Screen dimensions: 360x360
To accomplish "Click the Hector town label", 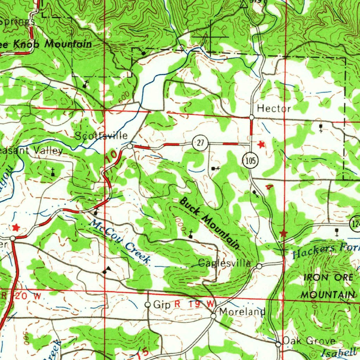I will pyautogui.click(x=274, y=109).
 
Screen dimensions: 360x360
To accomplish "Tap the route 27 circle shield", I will pyautogui.click(x=200, y=143).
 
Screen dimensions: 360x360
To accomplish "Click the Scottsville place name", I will pyautogui.click(x=101, y=136).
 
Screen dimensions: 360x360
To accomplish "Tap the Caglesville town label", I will pyautogui.click(x=225, y=263).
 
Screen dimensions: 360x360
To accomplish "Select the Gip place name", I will pyautogui.click(x=162, y=304).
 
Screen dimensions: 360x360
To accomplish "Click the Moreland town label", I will pyautogui.click(x=242, y=312).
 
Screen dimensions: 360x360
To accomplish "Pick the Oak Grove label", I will pyautogui.click(x=309, y=341).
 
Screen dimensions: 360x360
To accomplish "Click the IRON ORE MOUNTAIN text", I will pyautogui.click(x=328, y=286).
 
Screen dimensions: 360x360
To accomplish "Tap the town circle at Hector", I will pyautogui.click(x=251, y=117).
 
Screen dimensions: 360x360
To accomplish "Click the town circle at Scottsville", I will pyautogui.click(x=130, y=146).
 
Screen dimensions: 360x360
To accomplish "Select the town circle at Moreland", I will pyautogui.click(x=213, y=316).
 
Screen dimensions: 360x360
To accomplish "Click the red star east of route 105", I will pyautogui.click(x=261, y=144).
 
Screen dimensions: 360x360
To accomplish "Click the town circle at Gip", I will pyautogui.click(x=148, y=305).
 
